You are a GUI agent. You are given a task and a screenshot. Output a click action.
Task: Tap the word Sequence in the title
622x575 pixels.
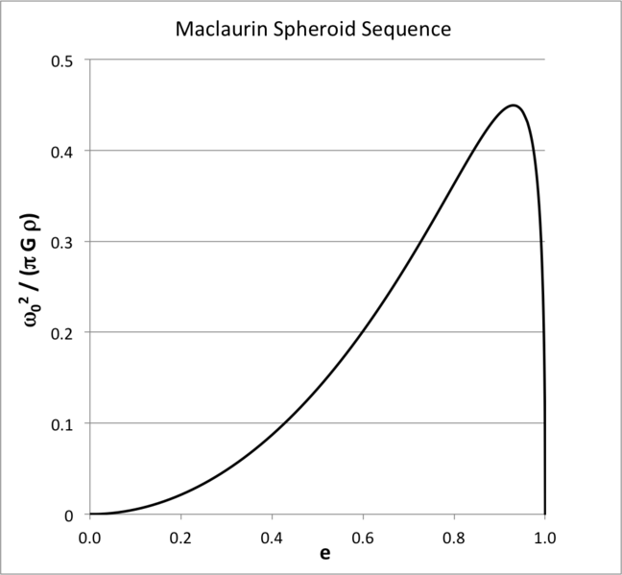(x=409, y=30)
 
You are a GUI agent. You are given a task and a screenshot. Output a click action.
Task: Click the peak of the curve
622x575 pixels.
(x=514, y=106)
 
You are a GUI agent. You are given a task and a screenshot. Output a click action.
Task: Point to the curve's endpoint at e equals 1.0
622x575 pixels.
(x=545, y=514)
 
